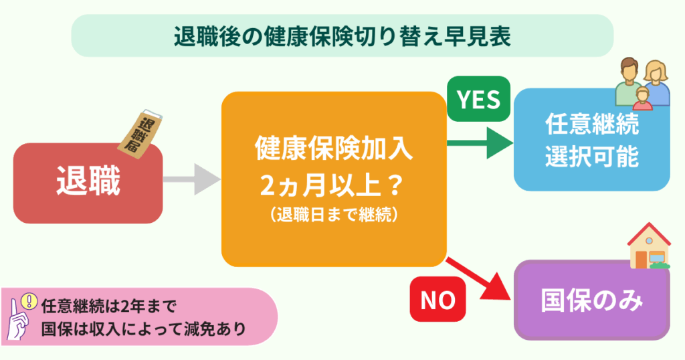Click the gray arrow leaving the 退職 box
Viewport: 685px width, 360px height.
[x=191, y=180]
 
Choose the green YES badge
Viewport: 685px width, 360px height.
[x=478, y=100]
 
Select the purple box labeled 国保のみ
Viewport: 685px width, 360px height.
[x=591, y=301]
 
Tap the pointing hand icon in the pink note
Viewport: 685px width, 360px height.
[x=18, y=321]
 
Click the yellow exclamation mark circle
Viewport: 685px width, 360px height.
[x=27, y=301]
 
